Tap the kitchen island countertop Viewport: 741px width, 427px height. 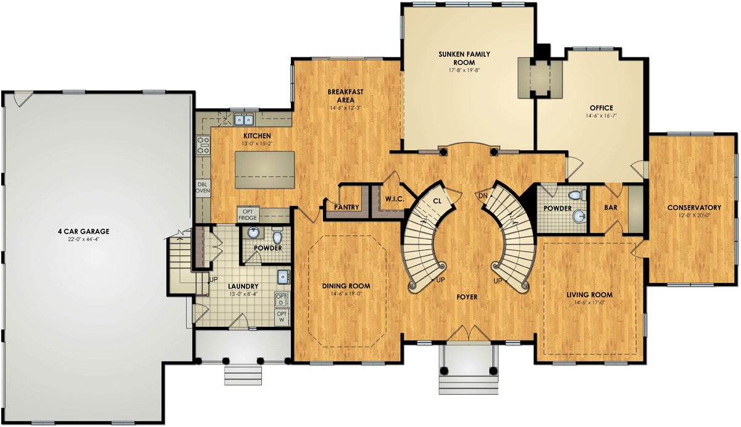[266, 168]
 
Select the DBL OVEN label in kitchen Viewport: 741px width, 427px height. [202, 187]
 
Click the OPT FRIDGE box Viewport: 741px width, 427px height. [248, 214]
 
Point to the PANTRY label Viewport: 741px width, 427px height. [346, 207]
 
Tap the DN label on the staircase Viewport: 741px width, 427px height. [484, 196]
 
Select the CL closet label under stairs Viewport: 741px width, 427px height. [437, 201]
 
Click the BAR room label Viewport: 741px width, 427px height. [611, 208]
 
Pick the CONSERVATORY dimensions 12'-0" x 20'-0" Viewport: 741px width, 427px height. [694, 215]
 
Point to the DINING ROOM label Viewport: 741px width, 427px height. [346, 286]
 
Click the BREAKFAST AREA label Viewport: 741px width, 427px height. [345, 95]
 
